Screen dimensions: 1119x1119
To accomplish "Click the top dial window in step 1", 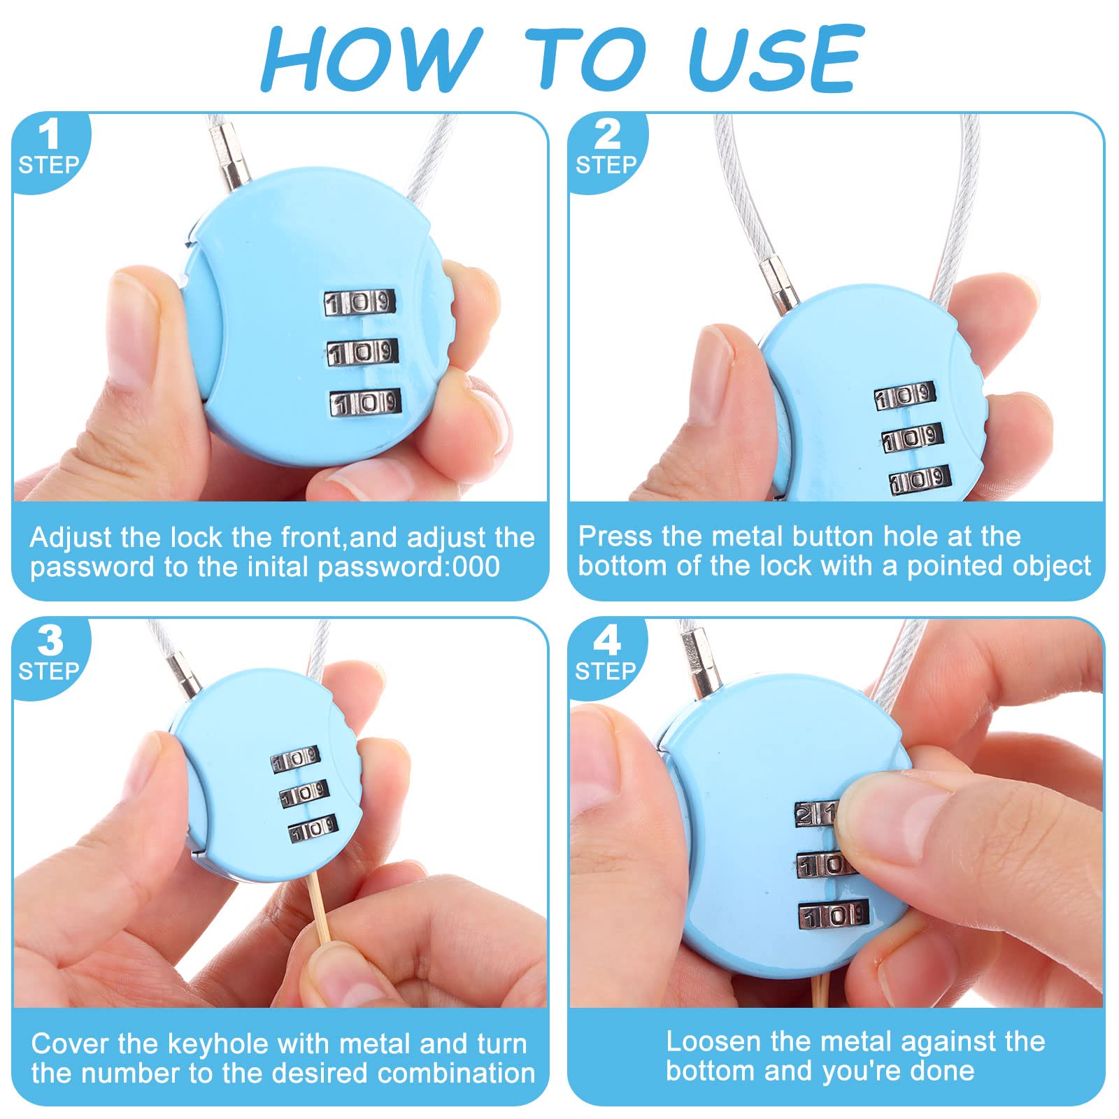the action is (359, 303).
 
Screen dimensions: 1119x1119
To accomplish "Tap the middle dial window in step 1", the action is (362, 352).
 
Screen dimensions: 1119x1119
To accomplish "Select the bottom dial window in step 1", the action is (365, 403).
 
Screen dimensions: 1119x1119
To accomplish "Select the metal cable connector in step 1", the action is (230, 157).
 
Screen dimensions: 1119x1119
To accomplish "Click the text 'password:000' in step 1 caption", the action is (409, 567).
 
